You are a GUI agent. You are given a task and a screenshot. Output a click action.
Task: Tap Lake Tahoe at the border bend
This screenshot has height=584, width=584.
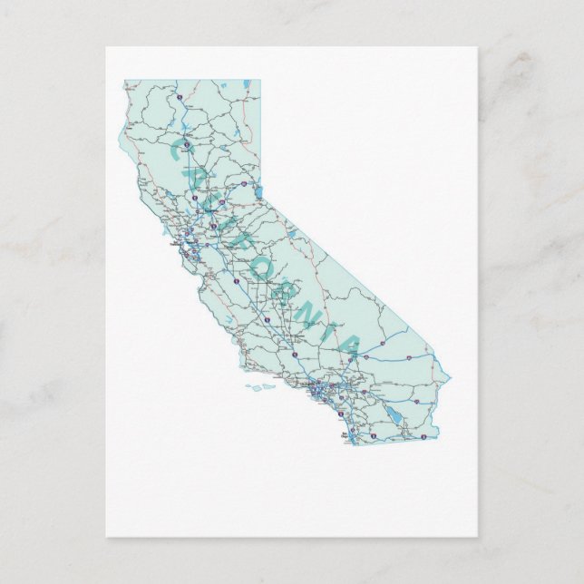coord(258,192)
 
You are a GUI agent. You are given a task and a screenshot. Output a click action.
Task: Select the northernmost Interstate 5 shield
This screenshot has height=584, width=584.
coord(181,92)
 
